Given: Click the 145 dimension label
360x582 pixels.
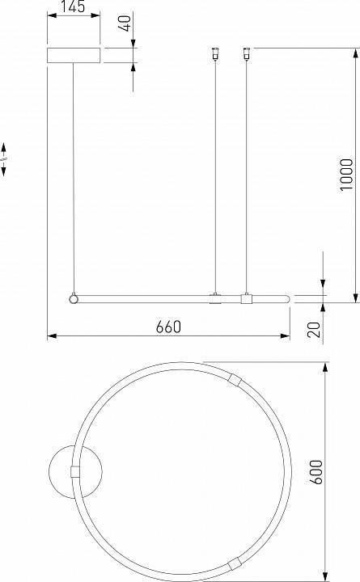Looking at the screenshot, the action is pyautogui.click(x=73, y=6).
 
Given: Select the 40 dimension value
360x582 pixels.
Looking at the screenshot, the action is pyautogui.click(x=127, y=23).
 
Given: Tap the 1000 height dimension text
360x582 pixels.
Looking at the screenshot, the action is pyautogui.click(x=346, y=175).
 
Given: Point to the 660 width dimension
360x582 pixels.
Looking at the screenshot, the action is pyautogui.click(x=168, y=327).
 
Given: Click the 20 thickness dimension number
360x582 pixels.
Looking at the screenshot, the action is pyautogui.click(x=315, y=329).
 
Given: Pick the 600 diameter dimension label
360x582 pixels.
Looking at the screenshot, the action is pyautogui.click(x=316, y=472).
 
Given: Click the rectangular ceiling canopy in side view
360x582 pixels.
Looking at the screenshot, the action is pyautogui.click(x=74, y=55).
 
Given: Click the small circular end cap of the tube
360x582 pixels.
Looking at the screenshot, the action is pyautogui.click(x=74, y=298).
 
